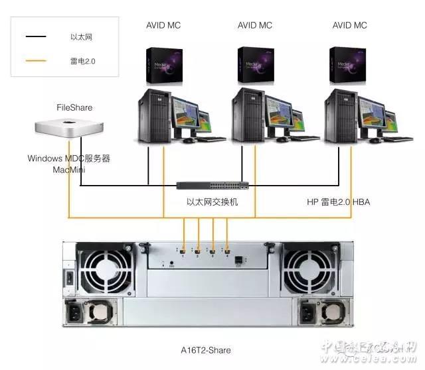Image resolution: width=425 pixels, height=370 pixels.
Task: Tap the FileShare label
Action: pos(74,107)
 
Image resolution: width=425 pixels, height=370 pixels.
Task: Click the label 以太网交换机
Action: pos(212,202)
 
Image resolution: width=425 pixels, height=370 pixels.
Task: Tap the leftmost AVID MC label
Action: pos(163,26)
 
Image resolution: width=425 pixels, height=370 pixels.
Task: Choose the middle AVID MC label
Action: pos(255,26)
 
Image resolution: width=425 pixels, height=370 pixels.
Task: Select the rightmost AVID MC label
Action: pos(350,26)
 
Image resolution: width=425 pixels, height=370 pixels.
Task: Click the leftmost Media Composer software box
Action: pos(163,64)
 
